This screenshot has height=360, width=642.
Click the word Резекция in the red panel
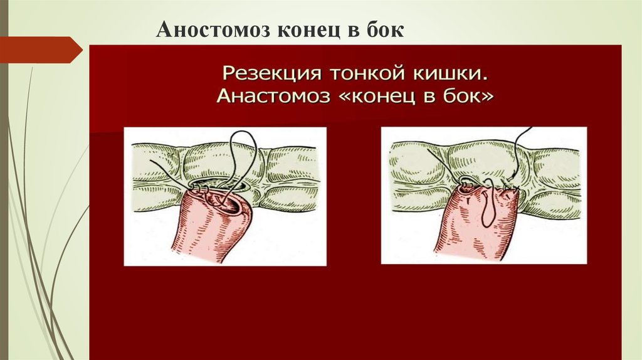click(268, 75)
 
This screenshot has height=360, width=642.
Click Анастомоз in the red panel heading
click(270, 97)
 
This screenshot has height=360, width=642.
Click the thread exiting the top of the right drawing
click(525, 135)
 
